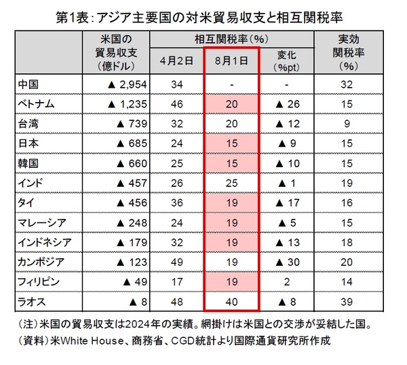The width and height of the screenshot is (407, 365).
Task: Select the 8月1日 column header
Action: pos(231,60)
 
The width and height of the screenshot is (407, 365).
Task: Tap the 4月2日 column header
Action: pos(178,60)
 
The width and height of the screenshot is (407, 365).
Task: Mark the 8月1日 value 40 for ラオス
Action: pos(231,301)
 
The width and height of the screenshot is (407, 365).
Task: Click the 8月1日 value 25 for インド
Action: pos(231,183)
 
